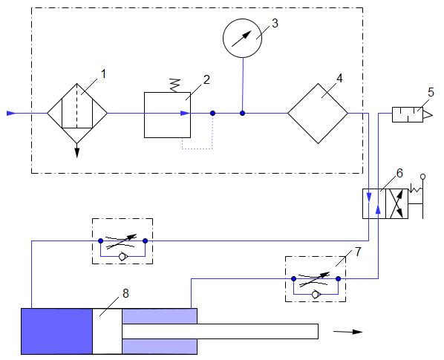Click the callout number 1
(103, 74)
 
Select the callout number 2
(206, 80)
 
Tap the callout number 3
(275, 23)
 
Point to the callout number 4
(339, 79)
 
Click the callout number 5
(431, 93)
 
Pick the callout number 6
(399, 173)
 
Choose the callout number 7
(358, 252)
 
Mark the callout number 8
(125, 293)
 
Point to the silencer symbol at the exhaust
(412, 114)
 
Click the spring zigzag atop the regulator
(175, 85)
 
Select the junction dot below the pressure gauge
(242, 114)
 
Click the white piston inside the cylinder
(108, 331)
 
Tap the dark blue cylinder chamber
(57, 331)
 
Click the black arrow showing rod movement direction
(348, 332)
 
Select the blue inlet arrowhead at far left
(11, 114)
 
